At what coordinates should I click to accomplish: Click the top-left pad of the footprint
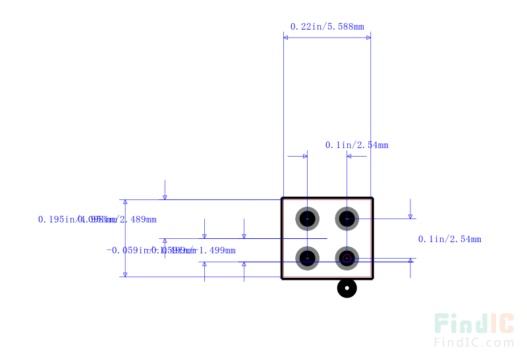[307, 218]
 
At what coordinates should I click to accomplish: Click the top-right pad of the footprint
[347, 218]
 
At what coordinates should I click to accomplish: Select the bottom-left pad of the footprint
[307, 257]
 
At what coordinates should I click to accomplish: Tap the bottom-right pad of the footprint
[347, 257]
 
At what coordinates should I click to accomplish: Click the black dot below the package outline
[347, 288]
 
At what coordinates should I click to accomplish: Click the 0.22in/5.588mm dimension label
[327, 27]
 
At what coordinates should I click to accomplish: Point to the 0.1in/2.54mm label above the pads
[356, 145]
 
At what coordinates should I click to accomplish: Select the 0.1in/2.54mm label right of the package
[449, 239]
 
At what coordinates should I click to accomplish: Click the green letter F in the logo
[443, 324]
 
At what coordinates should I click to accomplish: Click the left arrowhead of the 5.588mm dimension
[287, 38]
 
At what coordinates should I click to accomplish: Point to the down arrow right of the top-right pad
[410, 215]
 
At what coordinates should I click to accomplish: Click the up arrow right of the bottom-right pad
[410, 262]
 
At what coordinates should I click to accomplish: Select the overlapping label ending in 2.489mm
[97, 219]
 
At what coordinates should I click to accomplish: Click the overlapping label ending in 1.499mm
[171, 250]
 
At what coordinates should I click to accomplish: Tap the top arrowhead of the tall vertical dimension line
[125, 203]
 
